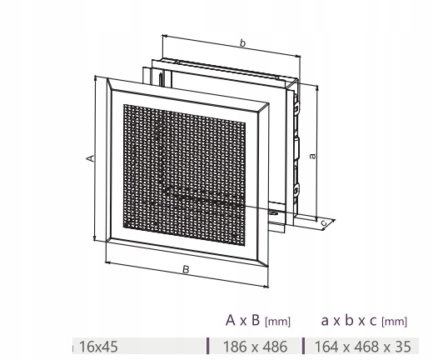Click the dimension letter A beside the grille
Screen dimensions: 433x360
click(90, 158)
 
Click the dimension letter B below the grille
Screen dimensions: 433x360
click(186, 269)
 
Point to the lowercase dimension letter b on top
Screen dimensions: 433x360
click(242, 43)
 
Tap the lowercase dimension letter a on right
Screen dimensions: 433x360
click(312, 156)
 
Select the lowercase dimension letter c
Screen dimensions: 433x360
click(324, 222)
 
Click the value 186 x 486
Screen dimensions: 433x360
click(255, 347)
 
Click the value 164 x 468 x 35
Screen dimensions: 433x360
click(362, 347)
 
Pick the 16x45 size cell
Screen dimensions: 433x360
click(98, 347)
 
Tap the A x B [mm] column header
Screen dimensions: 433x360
click(258, 321)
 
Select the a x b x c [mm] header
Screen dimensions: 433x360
click(364, 321)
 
